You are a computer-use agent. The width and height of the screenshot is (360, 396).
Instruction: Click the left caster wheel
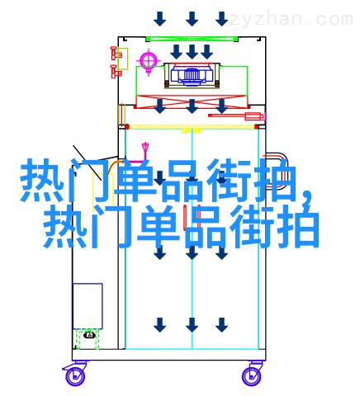click(x=74, y=375)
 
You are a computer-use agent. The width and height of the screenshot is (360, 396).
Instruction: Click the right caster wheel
click(x=252, y=375)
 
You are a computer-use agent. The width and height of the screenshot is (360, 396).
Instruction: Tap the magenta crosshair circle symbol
click(x=149, y=59)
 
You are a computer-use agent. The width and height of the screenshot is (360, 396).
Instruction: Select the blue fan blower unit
click(x=192, y=74)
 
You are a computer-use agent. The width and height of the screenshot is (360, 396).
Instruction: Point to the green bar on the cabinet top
click(x=192, y=39)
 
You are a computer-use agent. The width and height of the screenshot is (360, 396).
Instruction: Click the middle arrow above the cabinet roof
click(x=192, y=19)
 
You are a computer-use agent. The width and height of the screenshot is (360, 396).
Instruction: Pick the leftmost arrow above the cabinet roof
click(x=159, y=19)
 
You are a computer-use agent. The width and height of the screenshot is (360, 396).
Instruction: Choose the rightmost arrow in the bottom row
click(x=221, y=324)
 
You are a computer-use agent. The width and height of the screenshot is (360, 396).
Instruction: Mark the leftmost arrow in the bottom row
click(x=159, y=324)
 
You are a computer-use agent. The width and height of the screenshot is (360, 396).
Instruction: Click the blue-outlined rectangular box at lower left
click(x=88, y=306)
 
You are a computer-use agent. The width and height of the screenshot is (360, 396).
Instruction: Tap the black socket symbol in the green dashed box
click(x=89, y=335)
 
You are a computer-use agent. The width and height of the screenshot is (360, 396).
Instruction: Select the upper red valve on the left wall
click(x=116, y=54)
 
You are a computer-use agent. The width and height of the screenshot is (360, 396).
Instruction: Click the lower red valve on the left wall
click(x=116, y=72)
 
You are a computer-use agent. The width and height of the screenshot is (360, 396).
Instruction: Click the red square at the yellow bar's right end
click(x=257, y=127)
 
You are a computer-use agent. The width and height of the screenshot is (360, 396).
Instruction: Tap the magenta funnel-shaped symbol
click(x=145, y=148)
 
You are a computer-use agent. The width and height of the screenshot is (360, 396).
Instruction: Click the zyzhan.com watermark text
click(x=291, y=20)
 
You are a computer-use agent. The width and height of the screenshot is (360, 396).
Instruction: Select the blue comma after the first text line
click(x=306, y=199)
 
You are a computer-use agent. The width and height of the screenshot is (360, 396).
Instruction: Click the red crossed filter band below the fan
click(x=192, y=101)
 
